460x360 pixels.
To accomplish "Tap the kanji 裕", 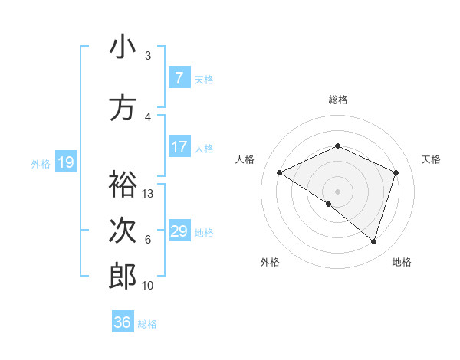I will coord(123,184).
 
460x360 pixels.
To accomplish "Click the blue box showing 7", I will coord(179,78).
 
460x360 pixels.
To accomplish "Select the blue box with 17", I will coord(179,147).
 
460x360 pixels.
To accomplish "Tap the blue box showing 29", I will coord(179,231).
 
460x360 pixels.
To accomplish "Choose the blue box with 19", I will coord(66,162).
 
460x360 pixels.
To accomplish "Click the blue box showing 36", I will coord(123,322).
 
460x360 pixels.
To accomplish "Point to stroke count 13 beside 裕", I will coord(148,194).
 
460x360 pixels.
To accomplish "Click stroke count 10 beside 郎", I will coord(148,286).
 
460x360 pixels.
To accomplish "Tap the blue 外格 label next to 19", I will coord(41,163).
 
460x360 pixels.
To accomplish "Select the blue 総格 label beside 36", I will coord(147,323).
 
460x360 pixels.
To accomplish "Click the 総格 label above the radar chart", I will coord(337,100).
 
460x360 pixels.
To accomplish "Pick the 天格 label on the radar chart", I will coord(432,159).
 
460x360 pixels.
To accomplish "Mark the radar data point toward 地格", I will coord(373,241).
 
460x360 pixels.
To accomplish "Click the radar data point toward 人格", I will coord(280,172).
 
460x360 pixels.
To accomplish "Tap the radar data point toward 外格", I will coord(329,204).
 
